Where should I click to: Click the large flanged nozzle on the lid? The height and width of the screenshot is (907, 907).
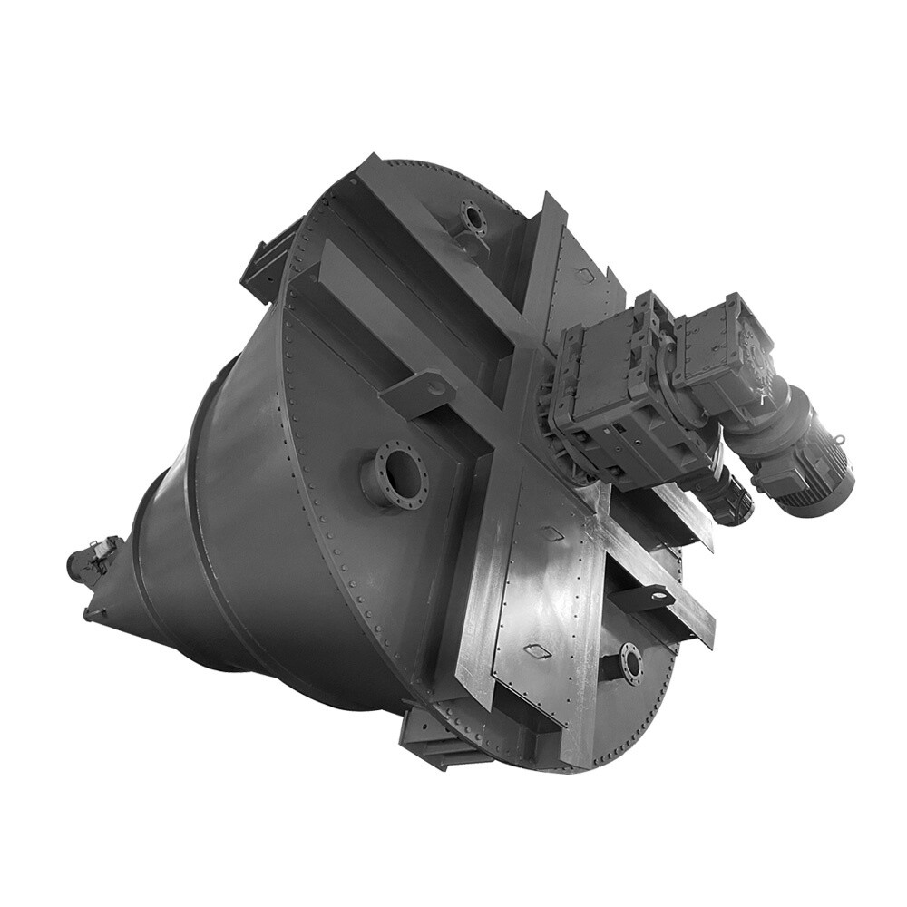(x=396, y=471)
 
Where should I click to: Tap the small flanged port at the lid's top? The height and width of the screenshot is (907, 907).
(x=473, y=217)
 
